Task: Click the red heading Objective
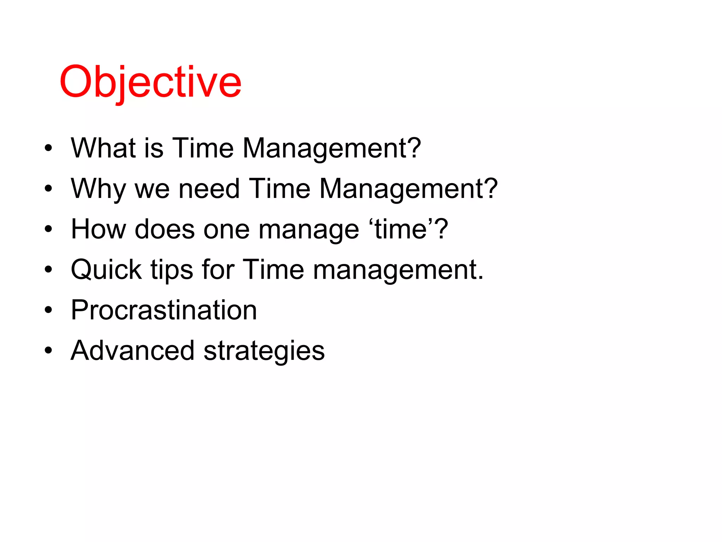[151, 82]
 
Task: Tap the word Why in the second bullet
[98, 189]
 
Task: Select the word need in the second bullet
[209, 188]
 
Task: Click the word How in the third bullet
[98, 229]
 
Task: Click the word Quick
[106, 270]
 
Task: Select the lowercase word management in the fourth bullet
[398, 270]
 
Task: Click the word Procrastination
[164, 310]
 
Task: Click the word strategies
[264, 351]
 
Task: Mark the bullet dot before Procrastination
[48, 311]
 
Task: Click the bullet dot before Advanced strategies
[48, 351]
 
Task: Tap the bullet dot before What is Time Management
[48, 148]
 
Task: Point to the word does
[165, 229]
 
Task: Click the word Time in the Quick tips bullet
[273, 270]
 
